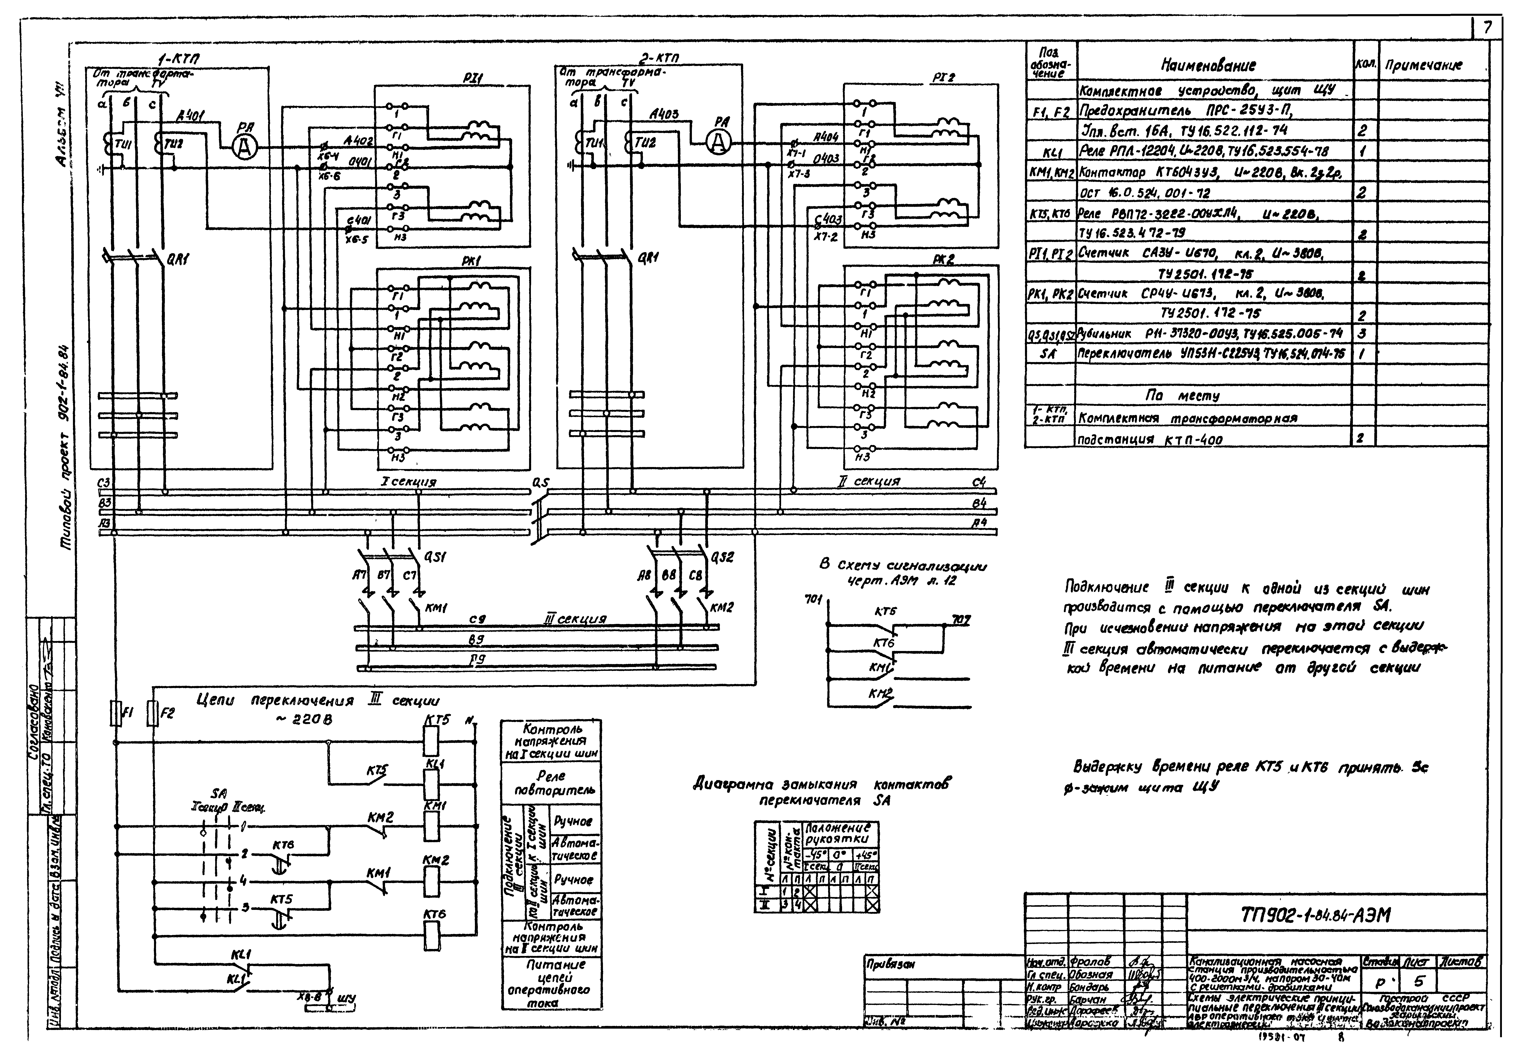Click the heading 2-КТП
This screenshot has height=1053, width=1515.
tap(658, 59)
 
